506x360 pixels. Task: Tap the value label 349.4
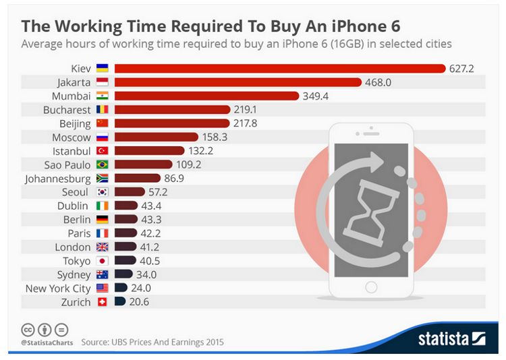[315, 96]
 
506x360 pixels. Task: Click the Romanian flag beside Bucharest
[102, 109]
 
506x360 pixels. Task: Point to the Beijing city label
[74, 123]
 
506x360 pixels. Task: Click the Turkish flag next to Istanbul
[102, 150]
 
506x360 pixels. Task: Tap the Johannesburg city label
[57, 179]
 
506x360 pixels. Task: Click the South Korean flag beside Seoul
[102, 191]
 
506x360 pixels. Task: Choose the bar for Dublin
[126, 206]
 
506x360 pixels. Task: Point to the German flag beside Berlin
[102, 219]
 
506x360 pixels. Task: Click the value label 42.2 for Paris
[150, 233]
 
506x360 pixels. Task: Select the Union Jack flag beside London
[102, 247]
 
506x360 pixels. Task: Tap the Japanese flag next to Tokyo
[102, 261]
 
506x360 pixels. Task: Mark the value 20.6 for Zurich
[139, 302]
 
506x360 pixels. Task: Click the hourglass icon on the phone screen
[368, 209]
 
